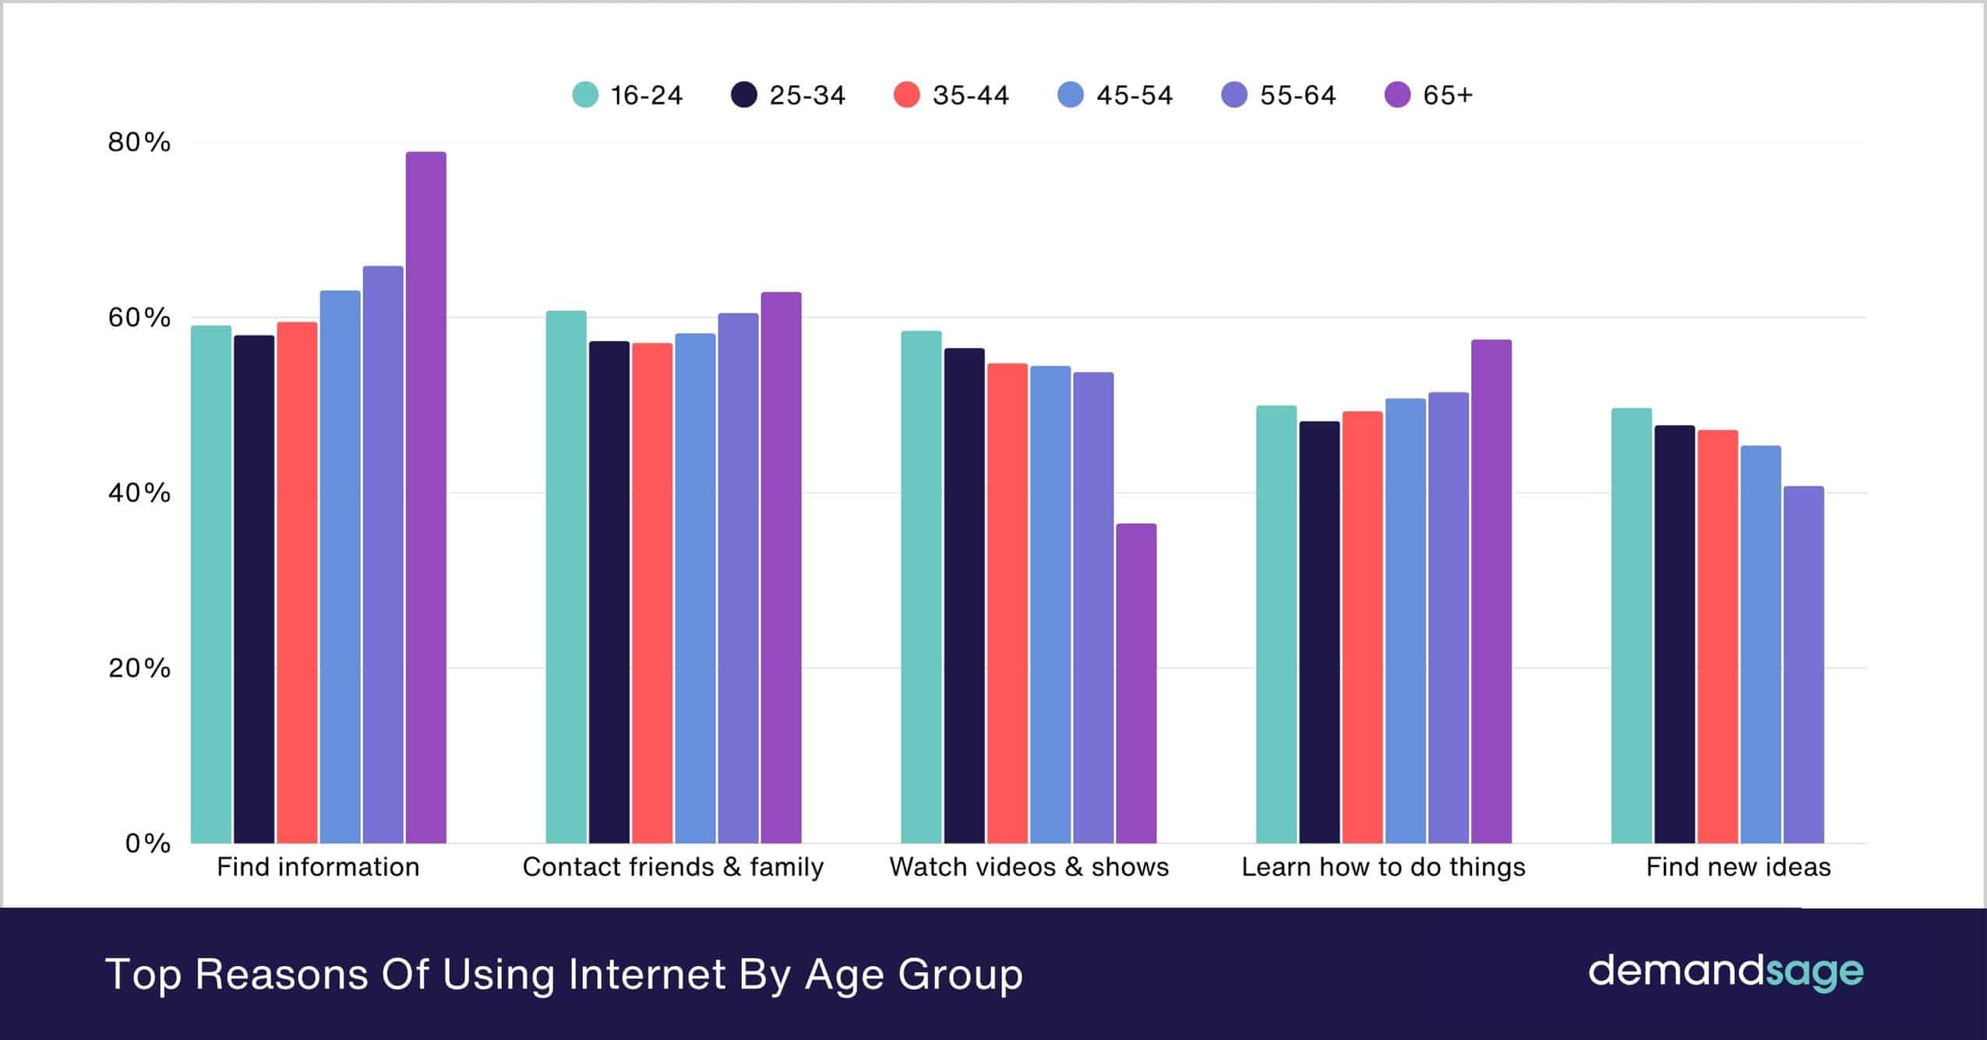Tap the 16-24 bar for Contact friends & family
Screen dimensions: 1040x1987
[x=566, y=577]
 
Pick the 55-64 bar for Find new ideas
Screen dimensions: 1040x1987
[x=1803, y=664]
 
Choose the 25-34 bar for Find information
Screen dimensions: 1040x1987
[x=254, y=589]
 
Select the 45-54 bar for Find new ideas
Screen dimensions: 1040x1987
[x=1760, y=644]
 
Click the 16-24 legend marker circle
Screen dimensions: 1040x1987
[x=585, y=95]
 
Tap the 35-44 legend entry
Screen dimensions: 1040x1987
[x=952, y=95]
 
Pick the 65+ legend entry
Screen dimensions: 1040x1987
[x=1429, y=95]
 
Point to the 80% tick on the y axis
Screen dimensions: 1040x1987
[x=139, y=143]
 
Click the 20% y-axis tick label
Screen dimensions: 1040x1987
[x=139, y=668]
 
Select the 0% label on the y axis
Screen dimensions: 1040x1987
[x=147, y=843]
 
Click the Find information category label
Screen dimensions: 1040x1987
[x=318, y=867]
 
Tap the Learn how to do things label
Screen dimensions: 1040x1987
[x=1383, y=867]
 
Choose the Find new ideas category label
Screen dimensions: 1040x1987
[x=1738, y=867]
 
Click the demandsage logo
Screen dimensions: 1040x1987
[x=1725, y=972]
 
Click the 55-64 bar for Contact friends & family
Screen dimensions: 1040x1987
[x=738, y=578]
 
